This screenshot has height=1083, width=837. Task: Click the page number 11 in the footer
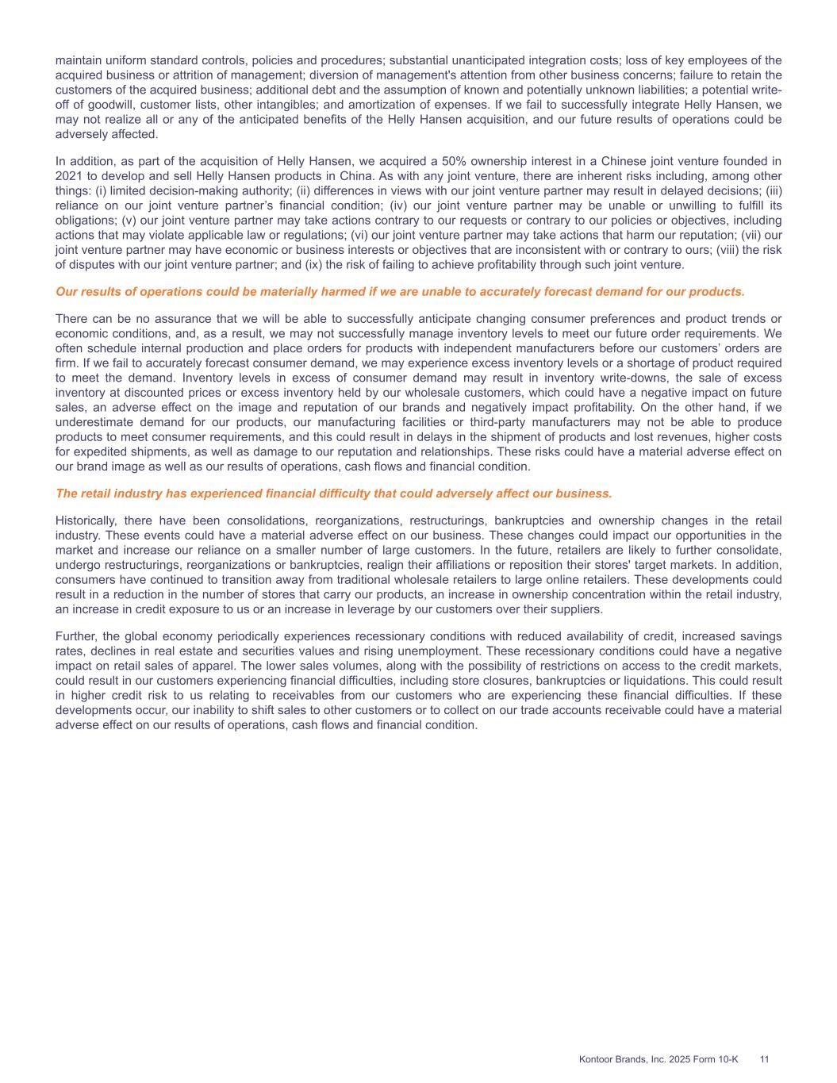pos(765,1059)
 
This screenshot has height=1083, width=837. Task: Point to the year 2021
pos(68,176)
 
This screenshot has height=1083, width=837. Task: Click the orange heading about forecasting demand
pos(400,292)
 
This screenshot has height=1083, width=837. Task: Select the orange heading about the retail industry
pos(333,493)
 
